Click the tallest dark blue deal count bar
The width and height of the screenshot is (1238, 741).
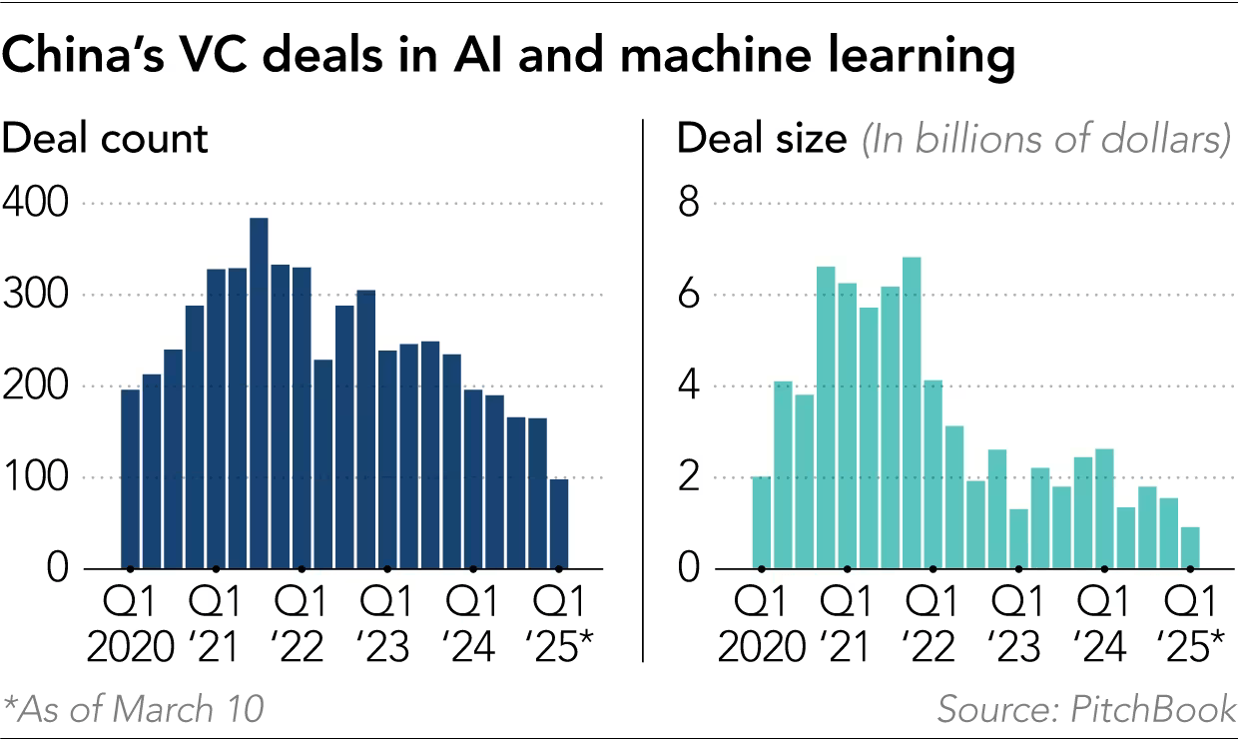coord(259,393)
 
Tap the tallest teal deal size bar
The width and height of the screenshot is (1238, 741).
coord(911,413)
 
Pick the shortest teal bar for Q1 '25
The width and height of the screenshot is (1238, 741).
coord(1190,548)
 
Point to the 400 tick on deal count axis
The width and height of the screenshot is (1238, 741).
coord(35,205)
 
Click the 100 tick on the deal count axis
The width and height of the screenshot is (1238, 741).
coord(35,477)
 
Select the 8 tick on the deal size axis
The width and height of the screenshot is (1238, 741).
coord(688,205)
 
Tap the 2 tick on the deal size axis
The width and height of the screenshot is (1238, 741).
coord(688,477)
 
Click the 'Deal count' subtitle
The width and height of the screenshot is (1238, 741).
coord(106,139)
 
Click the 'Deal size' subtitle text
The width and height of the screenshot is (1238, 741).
coord(761,139)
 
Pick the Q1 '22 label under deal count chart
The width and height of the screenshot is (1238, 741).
coord(301,625)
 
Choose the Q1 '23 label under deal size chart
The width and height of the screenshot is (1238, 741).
coord(1018,625)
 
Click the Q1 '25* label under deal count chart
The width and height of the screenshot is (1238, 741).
coord(559,625)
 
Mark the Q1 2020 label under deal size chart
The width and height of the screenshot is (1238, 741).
coord(762,625)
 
